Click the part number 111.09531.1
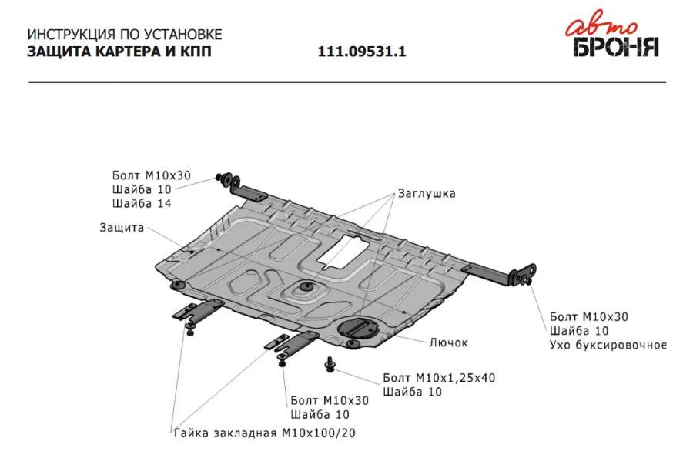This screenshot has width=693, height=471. (x=362, y=52)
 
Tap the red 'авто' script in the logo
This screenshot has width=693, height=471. (x=601, y=28)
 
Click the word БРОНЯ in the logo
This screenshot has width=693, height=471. (x=616, y=47)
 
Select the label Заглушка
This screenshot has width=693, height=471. (x=427, y=193)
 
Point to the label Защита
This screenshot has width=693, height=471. (x=122, y=228)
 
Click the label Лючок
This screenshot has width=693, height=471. (x=448, y=342)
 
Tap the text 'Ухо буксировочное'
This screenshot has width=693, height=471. (x=608, y=345)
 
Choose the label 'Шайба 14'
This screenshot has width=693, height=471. (x=142, y=203)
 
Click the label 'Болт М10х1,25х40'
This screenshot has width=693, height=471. (x=439, y=378)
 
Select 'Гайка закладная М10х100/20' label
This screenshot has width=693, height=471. (x=264, y=433)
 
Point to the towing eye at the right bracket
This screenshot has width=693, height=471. (x=528, y=272)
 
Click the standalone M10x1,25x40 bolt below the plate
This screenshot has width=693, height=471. (x=330, y=364)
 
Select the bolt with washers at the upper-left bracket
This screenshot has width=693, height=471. (x=228, y=179)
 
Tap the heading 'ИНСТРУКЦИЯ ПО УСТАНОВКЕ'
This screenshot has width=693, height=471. (x=125, y=35)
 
